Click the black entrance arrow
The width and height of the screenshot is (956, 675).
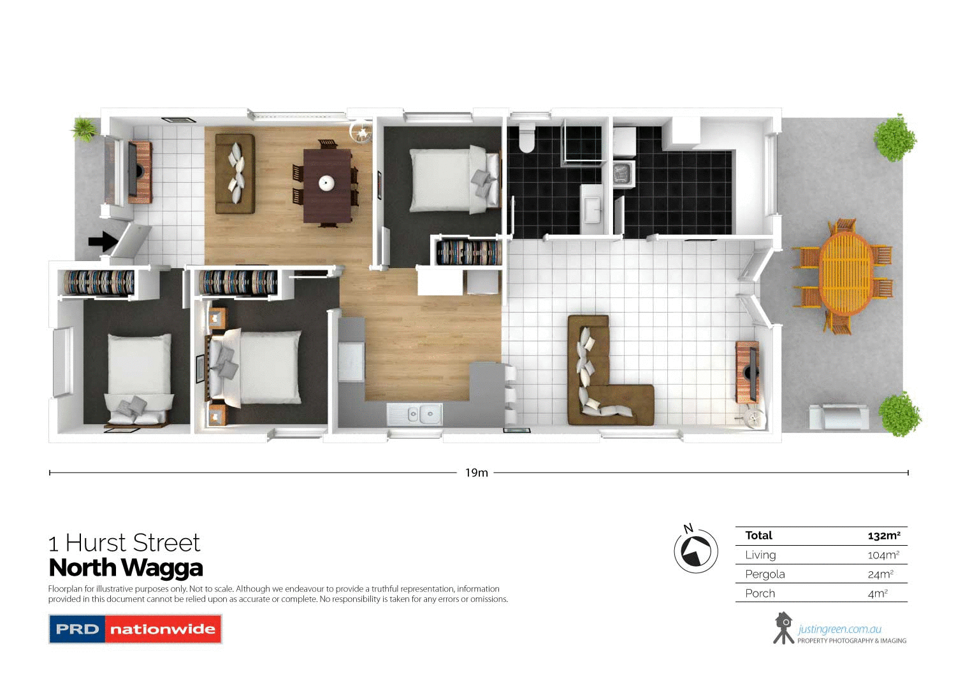tap(103, 241)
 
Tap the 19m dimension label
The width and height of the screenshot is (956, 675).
tap(476, 472)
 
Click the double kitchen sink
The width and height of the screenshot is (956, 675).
tap(415, 415)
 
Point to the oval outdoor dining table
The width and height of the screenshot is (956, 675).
tap(846, 273)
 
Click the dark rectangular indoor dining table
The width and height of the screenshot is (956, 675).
tap(328, 185)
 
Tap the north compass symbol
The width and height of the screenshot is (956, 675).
tap(695, 551)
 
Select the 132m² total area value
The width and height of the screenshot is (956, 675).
tap(883, 536)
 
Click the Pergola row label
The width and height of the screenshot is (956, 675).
tap(765, 574)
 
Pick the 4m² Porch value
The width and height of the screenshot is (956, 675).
tap(878, 593)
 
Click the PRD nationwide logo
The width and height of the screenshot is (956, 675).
tap(135, 629)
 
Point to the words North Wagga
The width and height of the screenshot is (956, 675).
tap(126, 567)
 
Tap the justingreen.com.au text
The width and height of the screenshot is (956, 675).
tap(839, 629)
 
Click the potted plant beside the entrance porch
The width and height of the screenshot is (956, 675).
tap(84, 129)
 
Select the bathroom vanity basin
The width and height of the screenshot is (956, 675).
tap(593, 206)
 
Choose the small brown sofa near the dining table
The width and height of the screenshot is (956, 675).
tap(235, 173)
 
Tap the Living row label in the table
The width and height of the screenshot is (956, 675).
tap(760, 555)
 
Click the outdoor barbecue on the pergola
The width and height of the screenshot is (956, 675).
tap(839, 417)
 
